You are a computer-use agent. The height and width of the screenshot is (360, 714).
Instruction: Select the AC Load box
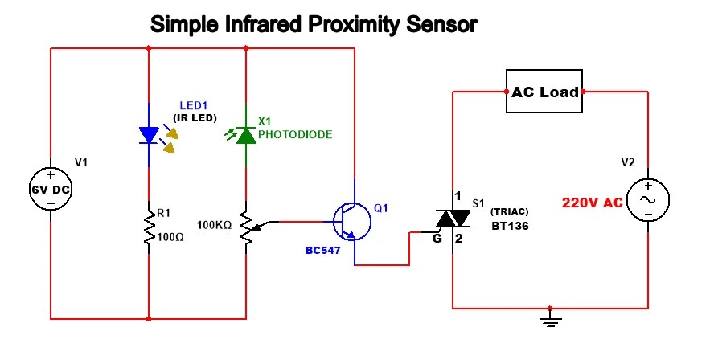(544, 92)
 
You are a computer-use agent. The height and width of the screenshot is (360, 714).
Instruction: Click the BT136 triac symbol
(454, 219)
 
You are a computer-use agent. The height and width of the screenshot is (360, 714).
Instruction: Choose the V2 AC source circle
(647, 199)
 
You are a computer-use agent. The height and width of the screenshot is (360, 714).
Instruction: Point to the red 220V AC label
(592, 202)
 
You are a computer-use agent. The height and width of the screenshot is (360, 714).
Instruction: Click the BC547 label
(323, 251)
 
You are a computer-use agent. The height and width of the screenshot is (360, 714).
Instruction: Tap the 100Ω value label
(172, 237)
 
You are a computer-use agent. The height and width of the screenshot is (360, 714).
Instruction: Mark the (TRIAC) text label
(508, 211)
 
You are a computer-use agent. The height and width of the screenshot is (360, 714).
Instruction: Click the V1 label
(81, 162)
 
